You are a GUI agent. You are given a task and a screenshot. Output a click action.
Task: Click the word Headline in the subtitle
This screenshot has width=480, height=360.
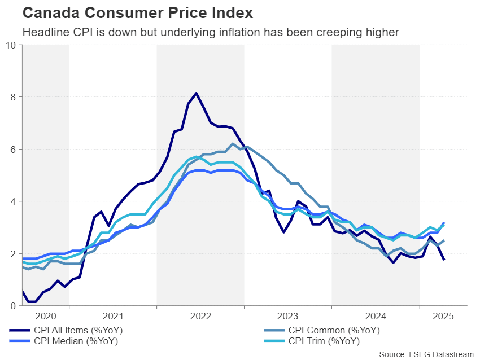[x=43, y=32]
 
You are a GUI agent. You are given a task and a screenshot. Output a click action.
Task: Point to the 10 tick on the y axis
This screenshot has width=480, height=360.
[x=11, y=45]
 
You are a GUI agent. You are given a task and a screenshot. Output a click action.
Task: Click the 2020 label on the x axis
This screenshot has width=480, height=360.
[x=45, y=316]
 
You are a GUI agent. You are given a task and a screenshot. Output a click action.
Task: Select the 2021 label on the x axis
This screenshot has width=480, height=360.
[x=113, y=316]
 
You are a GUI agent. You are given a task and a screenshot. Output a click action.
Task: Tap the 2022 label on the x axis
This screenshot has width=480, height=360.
[x=200, y=316]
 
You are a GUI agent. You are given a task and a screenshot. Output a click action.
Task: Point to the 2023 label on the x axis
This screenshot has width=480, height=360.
[x=288, y=316]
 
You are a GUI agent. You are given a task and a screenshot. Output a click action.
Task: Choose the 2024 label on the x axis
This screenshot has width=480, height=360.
[x=376, y=316]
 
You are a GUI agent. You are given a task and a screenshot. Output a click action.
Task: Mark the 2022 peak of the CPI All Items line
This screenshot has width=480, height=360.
[x=196, y=93]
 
